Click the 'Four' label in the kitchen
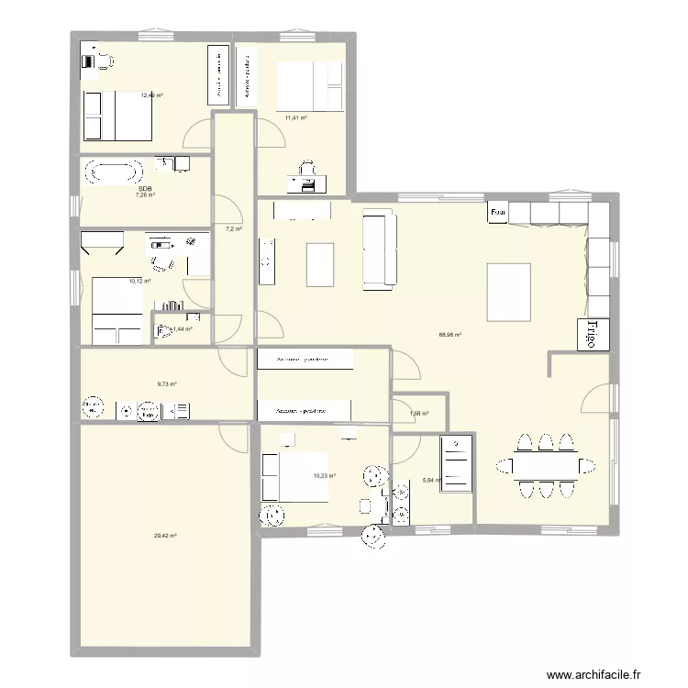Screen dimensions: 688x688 pyautogui.click(x=498, y=213)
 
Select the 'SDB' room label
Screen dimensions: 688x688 pyautogui.click(x=145, y=188)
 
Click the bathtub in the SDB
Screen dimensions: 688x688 pyautogui.click(x=114, y=172)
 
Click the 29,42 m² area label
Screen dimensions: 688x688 pyautogui.click(x=165, y=536)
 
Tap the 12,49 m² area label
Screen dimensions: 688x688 pyautogui.click(x=151, y=94)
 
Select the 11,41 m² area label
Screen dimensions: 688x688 pyautogui.click(x=295, y=117)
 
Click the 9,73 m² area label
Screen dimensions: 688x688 pyautogui.click(x=165, y=384)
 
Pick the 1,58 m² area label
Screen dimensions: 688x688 pyautogui.click(x=419, y=414)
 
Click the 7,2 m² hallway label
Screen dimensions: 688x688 pyautogui.click(x=234, y=228)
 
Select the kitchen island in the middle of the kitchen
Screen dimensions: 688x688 pyautogui.click(x=509, y=292)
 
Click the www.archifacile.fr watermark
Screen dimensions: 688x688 pyautogui.click(x=607, y=675)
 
